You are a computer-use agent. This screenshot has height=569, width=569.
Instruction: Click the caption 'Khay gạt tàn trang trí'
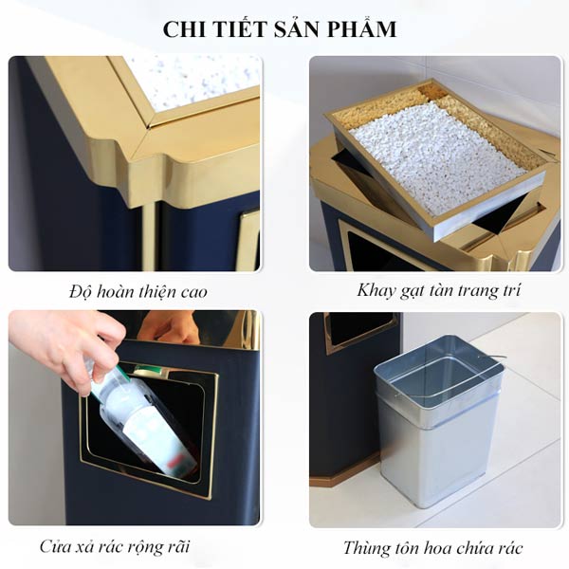[x=437, y=290]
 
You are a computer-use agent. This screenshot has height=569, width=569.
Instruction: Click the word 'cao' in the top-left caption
[x=192, y=291]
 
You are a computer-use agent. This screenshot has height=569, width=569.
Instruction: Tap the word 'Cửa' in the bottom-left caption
[x=59, y=547]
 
